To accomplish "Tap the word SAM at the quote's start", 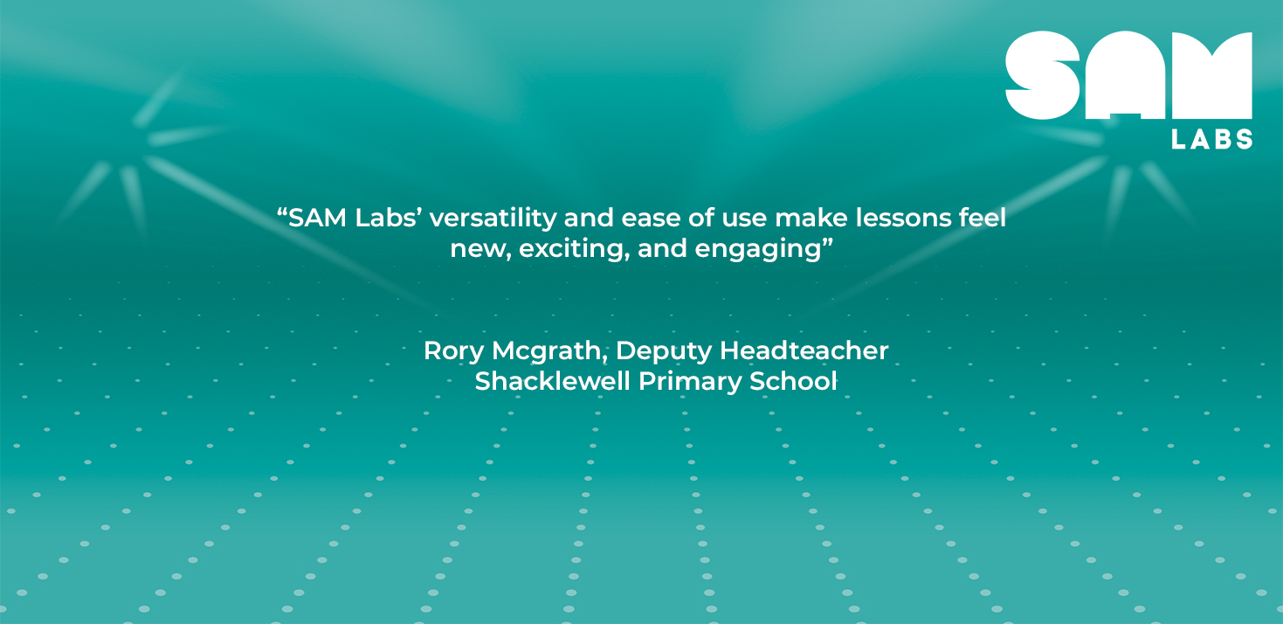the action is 317,218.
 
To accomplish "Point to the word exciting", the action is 574,249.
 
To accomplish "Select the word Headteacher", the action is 804,350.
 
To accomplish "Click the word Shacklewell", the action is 552,381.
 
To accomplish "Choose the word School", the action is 793,381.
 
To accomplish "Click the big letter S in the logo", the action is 1043,75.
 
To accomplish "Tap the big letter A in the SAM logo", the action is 1125,75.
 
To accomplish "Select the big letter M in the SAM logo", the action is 1211,75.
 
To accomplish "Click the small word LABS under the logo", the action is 1212,139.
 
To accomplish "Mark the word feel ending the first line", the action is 983,218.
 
